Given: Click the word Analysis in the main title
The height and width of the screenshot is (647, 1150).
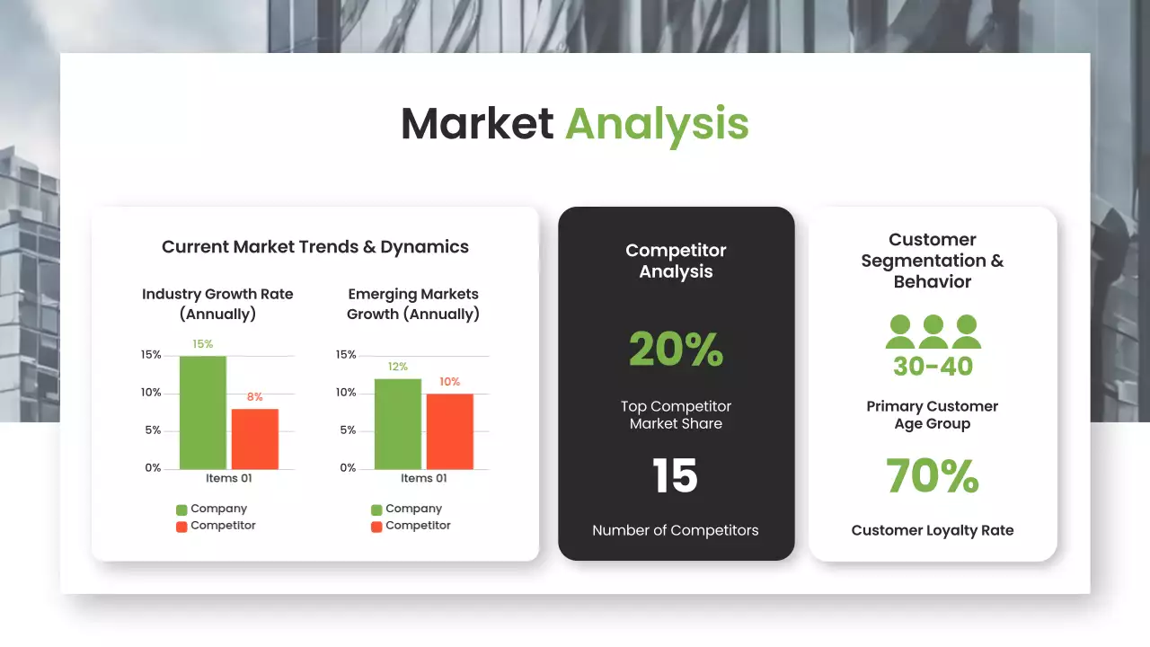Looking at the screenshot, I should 657,124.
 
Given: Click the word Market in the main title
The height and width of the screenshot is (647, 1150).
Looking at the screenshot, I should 476,124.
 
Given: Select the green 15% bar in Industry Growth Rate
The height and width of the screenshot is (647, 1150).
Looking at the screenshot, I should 203,413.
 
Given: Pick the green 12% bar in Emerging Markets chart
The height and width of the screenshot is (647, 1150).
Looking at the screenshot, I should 397,424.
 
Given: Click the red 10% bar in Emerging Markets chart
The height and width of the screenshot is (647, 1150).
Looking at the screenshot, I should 449,431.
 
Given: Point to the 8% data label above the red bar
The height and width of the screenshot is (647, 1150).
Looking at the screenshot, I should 254,397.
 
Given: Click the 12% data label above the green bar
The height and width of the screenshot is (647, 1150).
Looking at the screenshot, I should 397,367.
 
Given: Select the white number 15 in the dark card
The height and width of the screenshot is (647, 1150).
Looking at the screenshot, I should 675,476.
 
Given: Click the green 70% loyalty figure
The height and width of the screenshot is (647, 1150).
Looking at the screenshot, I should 932,476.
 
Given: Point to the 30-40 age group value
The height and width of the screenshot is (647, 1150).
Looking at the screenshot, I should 933,367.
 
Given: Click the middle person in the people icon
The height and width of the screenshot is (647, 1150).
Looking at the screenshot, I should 933,332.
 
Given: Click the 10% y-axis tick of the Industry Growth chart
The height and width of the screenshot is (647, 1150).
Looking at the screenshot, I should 151,393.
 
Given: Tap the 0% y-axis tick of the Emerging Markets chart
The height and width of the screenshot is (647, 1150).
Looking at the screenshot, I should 347,468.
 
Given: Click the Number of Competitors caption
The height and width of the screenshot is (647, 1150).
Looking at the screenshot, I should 675,530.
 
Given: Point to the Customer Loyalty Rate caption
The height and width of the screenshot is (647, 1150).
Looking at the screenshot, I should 932,530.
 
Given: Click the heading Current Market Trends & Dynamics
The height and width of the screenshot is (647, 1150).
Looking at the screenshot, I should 315,246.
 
